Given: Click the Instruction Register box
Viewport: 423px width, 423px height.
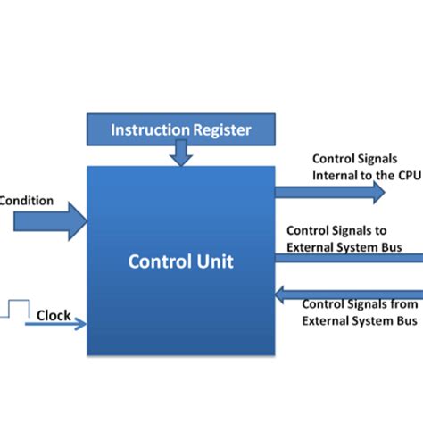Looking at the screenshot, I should [181, 130].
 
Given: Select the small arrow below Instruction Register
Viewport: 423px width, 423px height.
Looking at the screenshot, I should [182, 155].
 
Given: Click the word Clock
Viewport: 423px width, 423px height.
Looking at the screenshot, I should [54, 315].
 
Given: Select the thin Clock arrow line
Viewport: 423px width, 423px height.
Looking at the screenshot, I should [54, 325].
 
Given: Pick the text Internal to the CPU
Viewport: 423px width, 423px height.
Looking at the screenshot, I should [365, 175].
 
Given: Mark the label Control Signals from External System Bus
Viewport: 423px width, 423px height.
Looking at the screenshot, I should [359, 311].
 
